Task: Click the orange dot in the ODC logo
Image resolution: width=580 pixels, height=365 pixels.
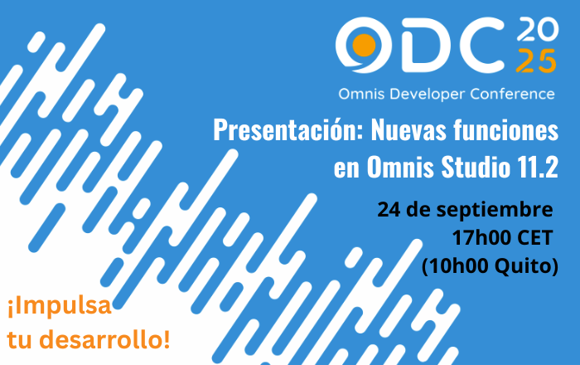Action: [364, 46]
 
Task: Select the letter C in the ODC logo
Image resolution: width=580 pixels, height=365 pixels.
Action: [481, 45]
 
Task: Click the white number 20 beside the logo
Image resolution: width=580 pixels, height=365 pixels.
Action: [538, 29]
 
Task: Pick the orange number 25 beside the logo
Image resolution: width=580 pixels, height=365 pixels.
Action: [536, 61]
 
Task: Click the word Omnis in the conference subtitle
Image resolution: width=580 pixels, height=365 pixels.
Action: [362, 94]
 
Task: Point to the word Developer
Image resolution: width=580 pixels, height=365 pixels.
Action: [428, 95]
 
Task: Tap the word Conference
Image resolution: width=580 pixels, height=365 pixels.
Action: [513, 94]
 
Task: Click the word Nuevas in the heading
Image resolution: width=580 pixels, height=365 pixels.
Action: [408, 130]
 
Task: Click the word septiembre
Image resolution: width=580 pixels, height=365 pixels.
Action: [495, 211]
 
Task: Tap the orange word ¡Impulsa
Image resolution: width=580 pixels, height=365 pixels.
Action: [59, 307]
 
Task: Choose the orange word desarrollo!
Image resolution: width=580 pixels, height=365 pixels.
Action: [104, 339]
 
